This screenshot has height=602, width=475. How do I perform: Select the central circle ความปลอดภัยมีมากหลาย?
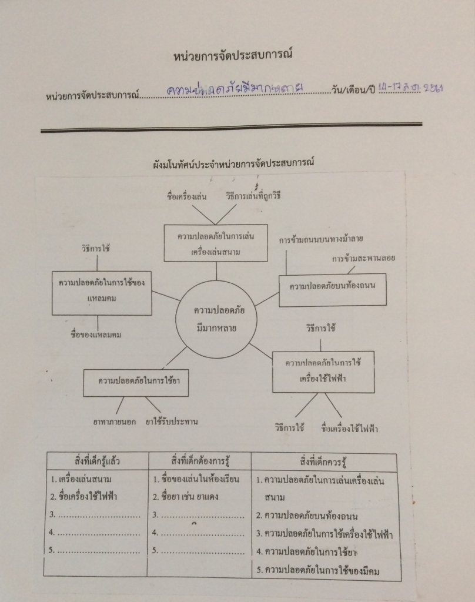pos(216,319)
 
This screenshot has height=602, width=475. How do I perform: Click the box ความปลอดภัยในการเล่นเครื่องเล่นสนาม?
pos(216,243)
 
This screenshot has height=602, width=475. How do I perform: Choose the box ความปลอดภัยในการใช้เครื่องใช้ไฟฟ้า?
pos(323,371)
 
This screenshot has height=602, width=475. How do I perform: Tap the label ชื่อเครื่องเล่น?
pos(186,196)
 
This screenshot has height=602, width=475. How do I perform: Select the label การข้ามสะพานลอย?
pos(363,258)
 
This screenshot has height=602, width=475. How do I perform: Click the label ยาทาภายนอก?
pos(115,422)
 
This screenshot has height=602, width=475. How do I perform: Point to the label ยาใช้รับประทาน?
pos(172,422)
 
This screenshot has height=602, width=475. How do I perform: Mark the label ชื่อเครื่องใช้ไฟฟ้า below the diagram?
pos(350,428)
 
